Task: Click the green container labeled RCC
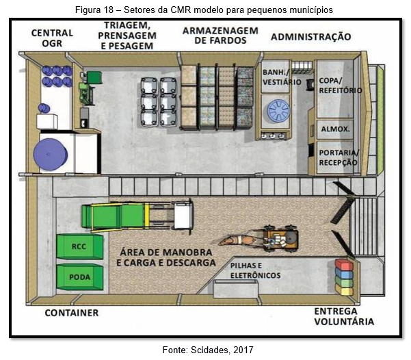[x=80, y=246]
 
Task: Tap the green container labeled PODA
[x=80, y=277]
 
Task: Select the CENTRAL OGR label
[x=52, y=38]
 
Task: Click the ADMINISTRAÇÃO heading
[x=311, y=37]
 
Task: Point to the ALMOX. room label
[x=336, y=129]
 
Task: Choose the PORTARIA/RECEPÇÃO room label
[x=339, y=157]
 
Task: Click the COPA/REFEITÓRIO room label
[x=341, y=86]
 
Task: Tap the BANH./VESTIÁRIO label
[x=282, y=77]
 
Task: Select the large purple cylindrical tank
[x=51, y=154]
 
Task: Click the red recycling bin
[x=344, y=265]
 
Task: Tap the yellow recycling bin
[x=344, y=291]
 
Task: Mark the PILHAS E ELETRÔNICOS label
[x=255, y=270]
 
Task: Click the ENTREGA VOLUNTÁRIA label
[x=344, y=316]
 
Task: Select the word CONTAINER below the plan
[x=72, y=313]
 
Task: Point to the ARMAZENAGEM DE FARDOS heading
[x=220, y=36]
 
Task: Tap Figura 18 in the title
[x=94, y=10]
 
